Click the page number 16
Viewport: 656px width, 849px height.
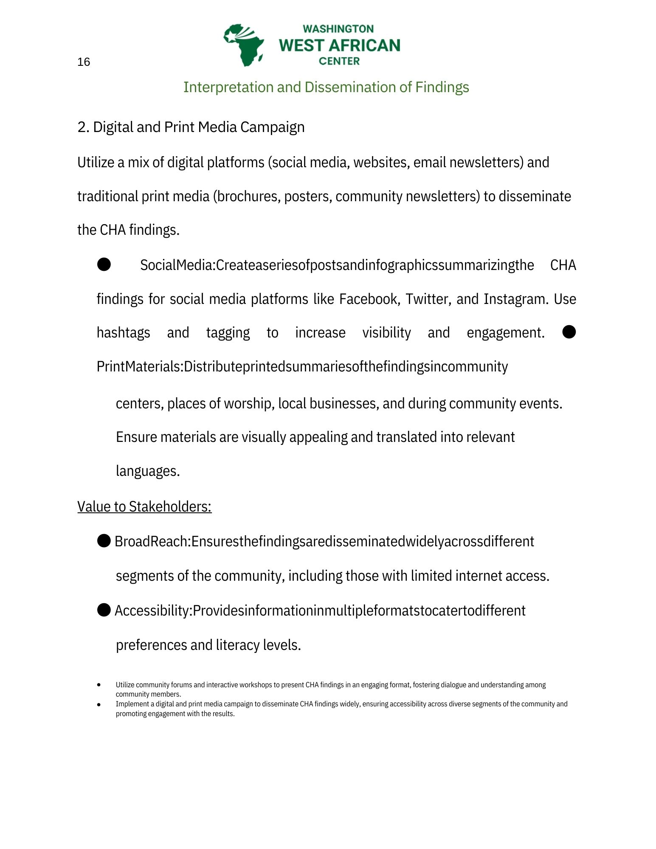coord(84,62)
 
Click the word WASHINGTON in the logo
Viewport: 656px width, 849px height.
coord(338,29)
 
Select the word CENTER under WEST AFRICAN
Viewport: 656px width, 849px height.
coord(339,61)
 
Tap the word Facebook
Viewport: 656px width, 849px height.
coord(369,299)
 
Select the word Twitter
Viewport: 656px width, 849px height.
coord(428,299)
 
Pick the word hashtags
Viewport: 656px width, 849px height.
coord(123,333)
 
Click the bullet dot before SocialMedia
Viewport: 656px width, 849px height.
coord(104,264)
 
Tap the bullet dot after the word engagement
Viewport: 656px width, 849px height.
coord(569,332)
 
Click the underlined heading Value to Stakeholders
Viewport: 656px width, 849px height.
coord(144,507)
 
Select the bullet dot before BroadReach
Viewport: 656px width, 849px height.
coord(104,541)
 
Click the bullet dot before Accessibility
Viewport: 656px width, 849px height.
coord(104,610)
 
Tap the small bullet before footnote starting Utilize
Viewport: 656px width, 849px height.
coord(99,685)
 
